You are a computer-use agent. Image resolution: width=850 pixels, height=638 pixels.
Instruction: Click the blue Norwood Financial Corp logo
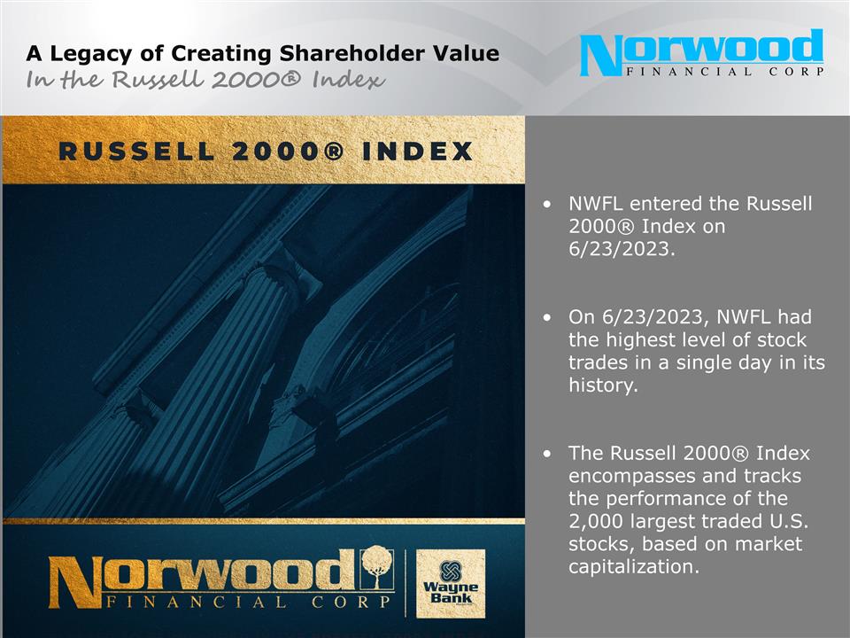coord(701,53)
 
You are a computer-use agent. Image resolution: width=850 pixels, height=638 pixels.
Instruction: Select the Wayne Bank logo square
coord(450,582)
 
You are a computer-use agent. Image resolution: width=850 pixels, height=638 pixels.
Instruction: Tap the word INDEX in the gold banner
coord(421,152)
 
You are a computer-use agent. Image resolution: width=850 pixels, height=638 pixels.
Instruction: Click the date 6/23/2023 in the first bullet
coord(621,249)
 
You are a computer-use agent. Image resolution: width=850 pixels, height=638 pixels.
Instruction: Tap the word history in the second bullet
coord(602,385)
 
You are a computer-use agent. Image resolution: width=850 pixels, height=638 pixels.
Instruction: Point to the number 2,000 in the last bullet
coord(596,521)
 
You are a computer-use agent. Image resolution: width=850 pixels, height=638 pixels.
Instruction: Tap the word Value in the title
coord(467,53)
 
